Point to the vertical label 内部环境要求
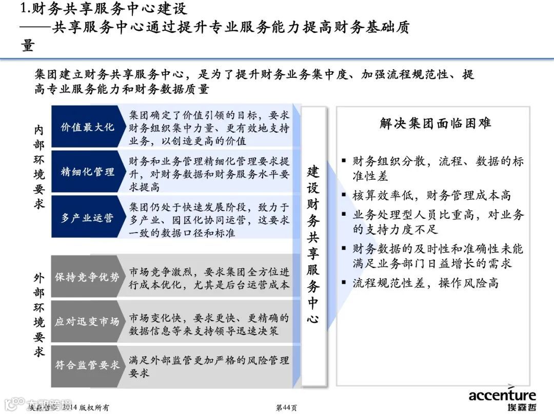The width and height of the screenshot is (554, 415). [39, 167]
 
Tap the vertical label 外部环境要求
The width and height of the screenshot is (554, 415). [39, 315]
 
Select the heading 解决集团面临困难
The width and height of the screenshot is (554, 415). [435, 123]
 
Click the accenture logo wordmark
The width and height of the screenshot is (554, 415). [502, 395]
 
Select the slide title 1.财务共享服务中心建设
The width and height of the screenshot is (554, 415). [103, 9]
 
